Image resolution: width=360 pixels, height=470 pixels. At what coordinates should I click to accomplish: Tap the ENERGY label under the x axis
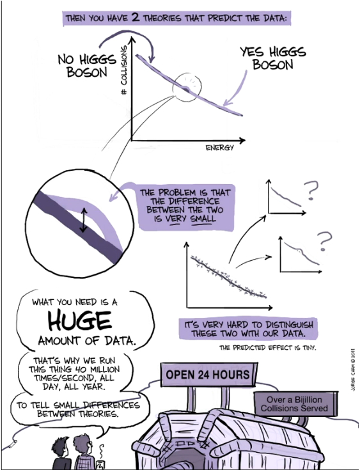coord(219,148)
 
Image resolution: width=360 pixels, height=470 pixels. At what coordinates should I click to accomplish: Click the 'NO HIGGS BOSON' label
coord(87,65)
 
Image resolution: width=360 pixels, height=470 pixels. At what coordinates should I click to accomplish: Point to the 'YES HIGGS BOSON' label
coord(273,58)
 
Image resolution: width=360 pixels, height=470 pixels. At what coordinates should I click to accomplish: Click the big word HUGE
coord(80,321)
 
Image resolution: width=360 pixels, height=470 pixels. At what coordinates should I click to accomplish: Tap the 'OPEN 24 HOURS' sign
coord(207,375)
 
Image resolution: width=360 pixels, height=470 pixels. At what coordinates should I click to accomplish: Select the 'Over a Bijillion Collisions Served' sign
coord(294,403)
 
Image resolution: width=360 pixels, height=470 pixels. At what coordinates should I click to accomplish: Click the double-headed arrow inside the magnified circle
coord(83,221)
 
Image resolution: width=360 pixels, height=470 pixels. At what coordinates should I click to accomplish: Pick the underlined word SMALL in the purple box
coord(203,218)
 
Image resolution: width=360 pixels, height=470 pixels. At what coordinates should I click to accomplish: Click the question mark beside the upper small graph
coord(311,191)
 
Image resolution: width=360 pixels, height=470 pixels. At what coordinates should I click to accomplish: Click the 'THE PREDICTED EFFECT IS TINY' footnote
coord(268,348)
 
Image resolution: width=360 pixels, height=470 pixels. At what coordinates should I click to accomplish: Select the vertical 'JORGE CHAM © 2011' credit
coord(352,370)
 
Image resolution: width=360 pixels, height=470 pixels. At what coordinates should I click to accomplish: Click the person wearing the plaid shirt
coord(84,452)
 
